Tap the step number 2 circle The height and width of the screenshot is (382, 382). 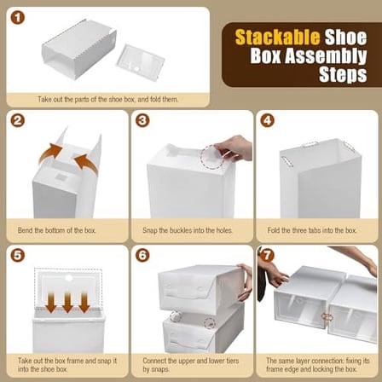tap(18, 120)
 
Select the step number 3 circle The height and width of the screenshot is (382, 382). tap(142, 120)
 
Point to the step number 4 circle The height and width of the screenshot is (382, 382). tap(267, 120)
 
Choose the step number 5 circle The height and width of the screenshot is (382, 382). tap(18, 255)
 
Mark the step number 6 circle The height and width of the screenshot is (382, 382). tap(142, 255)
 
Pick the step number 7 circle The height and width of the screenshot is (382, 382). tap(267, 255)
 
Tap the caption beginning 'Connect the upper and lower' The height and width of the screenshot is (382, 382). tap(189, 365)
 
